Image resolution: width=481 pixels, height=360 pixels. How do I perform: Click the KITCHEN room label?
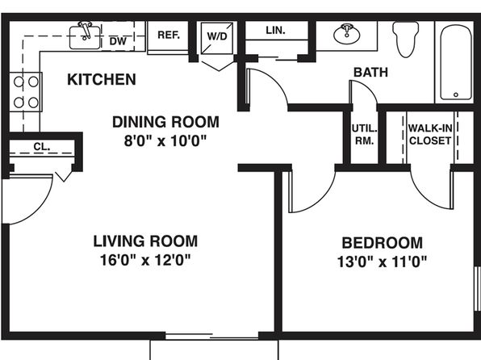pyautogui.click(x=102, y=79)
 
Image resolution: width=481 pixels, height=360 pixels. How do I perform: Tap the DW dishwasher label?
pyautogui.click(x=118, y=41)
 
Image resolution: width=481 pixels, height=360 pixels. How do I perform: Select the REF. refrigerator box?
pyautogui.click(x=168, y=37)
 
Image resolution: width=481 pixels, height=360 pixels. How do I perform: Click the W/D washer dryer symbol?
pyautogui.click(x=217, y=37)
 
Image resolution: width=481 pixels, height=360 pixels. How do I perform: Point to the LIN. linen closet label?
pyautogui.click(x=275, y=30)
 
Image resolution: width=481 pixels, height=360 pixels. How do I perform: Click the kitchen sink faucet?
pyautogui.click(x=86, y=30)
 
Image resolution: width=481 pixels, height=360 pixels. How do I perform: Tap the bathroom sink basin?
pyautogui.click(x=347, y=34)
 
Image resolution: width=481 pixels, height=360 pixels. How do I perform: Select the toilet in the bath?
pyautogui.click(x=405, y=40)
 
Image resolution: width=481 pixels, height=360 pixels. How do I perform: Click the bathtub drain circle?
pyautogui.click(x=456, y=94)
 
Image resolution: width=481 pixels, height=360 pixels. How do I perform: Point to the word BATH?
pyautogui.click(x=370, y=73)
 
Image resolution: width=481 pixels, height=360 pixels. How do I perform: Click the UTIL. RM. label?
pyautogui.click(x=364, y=135)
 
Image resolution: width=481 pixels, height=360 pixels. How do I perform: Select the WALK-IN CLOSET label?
pyautogui.click(x=430, y=135)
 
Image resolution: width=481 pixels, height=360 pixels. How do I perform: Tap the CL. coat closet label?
pyautogui.click(x=42, y=147)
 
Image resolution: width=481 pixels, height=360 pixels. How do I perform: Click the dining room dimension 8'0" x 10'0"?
pyautogui.click(x=165, y=141)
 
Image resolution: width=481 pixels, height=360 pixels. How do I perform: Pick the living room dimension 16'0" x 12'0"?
pyautogui.click(x=145, y=260)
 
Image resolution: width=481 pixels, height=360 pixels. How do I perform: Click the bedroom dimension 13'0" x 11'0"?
pyautogui.click(x=382, y=262)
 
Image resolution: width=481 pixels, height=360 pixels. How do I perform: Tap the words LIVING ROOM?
pyautogui.click(x=145, y=241)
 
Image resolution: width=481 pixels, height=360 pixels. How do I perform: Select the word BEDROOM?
pyautogui.click(x=383, y=243)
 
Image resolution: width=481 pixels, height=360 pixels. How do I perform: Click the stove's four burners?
pyautogui.click(x=26, y=92)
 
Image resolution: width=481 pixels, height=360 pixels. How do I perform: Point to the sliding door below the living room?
pyautogui.click(x=212, y=336)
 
